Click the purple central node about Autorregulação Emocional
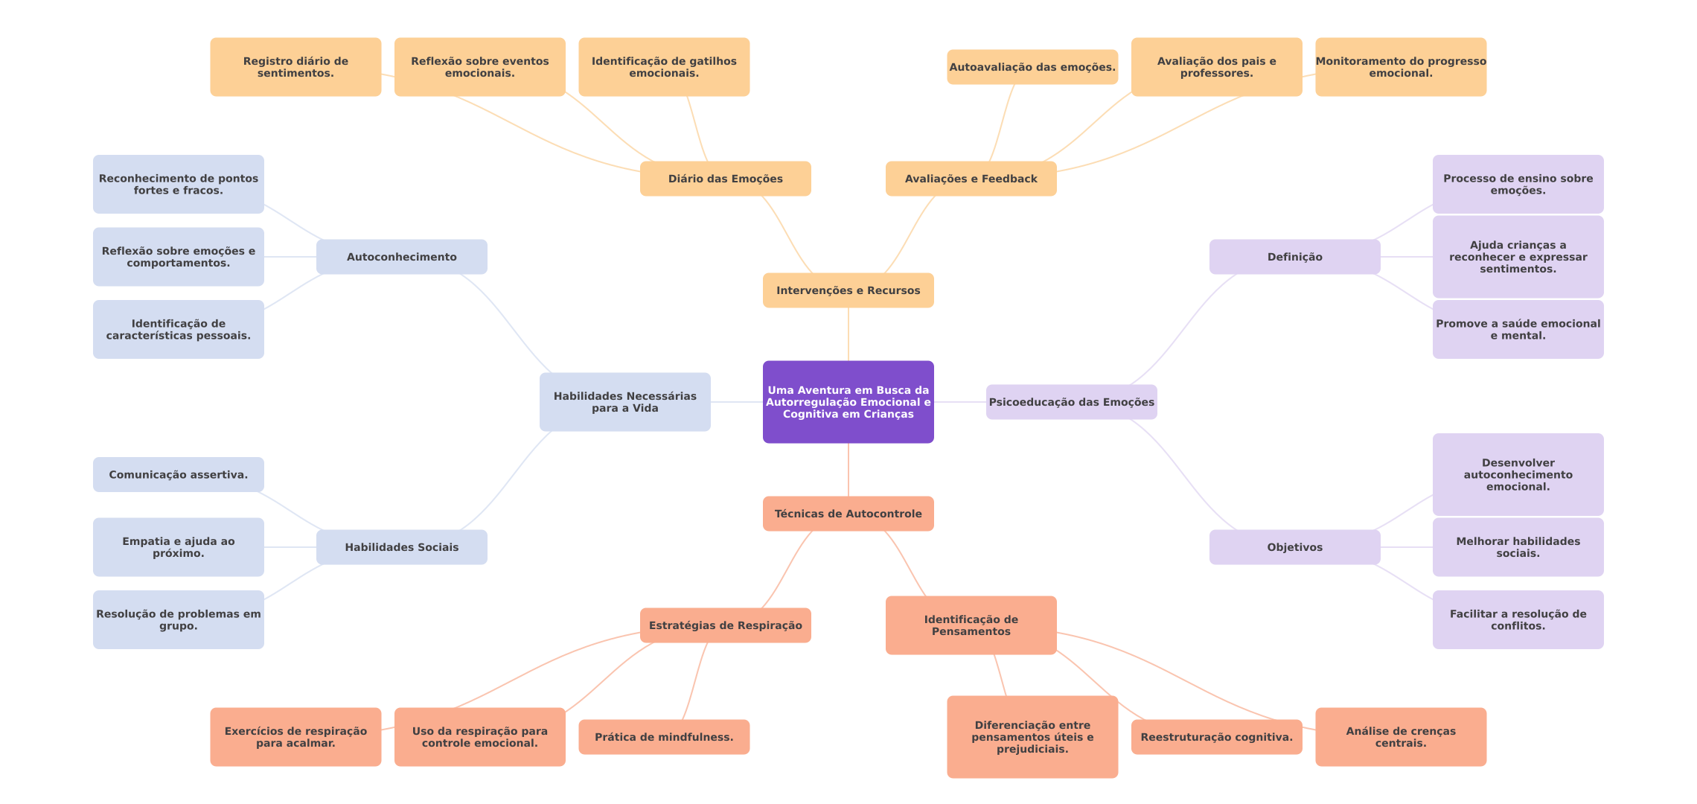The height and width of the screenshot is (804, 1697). point(848,402)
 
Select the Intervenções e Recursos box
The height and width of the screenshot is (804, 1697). point(848,290)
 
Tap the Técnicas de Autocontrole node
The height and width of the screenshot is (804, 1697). point(848,514)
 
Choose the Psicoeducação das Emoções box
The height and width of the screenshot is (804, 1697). point(1071,402)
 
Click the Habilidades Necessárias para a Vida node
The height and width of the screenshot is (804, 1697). point(624,402)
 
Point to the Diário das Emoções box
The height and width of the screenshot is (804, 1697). point(725,179)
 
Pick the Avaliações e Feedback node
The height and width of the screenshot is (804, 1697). point(971,179)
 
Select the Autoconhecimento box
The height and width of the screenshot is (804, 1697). point(401,257)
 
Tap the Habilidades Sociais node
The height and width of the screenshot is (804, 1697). point(401,547)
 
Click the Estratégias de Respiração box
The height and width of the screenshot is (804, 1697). point(725,625)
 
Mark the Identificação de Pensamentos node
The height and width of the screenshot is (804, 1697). point(971,625)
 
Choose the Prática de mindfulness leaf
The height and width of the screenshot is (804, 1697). point(664,737)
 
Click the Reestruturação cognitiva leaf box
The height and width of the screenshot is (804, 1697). point(1216,737)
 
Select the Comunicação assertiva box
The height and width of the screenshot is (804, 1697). point(178,475)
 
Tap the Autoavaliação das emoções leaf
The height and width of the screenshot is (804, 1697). point(1032,67)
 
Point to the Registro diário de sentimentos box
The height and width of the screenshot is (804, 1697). point(295,67)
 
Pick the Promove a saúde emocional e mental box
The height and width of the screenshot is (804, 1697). point(1518,329)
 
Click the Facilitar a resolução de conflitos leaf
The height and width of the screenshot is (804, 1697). point(1518,619)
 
